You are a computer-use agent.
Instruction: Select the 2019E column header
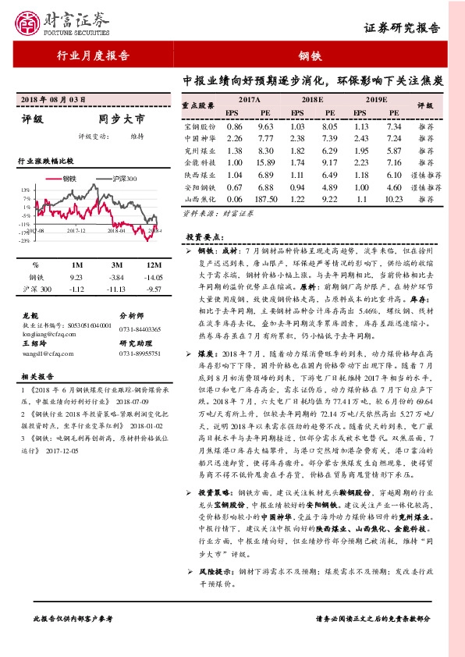coord(377,100)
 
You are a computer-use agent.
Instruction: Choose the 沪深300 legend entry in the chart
coord(121,178)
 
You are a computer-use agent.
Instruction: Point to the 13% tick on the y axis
coord(27,189)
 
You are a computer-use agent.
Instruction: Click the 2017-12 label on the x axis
coord(76,231)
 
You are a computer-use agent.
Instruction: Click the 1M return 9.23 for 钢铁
coord(76,277)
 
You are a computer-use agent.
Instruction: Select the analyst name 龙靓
coord(30,315)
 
